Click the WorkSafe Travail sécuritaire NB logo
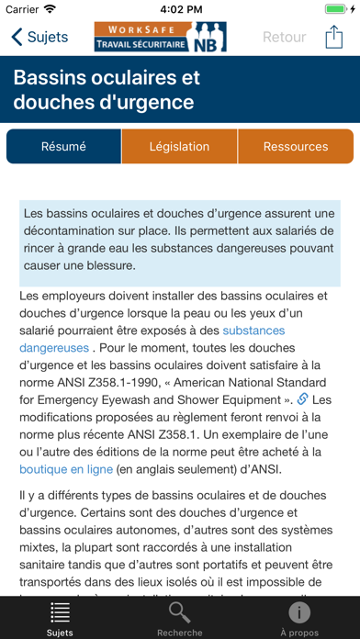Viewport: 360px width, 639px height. click(160, 38)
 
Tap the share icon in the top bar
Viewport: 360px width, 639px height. click(332, 38)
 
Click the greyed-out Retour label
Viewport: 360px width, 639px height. click(284, 38)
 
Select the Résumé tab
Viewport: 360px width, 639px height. click(63, 147)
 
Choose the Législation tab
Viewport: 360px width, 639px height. click(180, 147)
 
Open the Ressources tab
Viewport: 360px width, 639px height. click(295, 147)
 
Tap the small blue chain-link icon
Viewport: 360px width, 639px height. click(303, 399)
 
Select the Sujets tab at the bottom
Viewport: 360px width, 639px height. click(60, 618)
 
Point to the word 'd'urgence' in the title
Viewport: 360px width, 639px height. click(147, 101)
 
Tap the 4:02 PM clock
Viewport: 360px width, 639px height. click(180, 9)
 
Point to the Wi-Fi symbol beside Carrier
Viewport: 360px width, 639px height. click(50, 9)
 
